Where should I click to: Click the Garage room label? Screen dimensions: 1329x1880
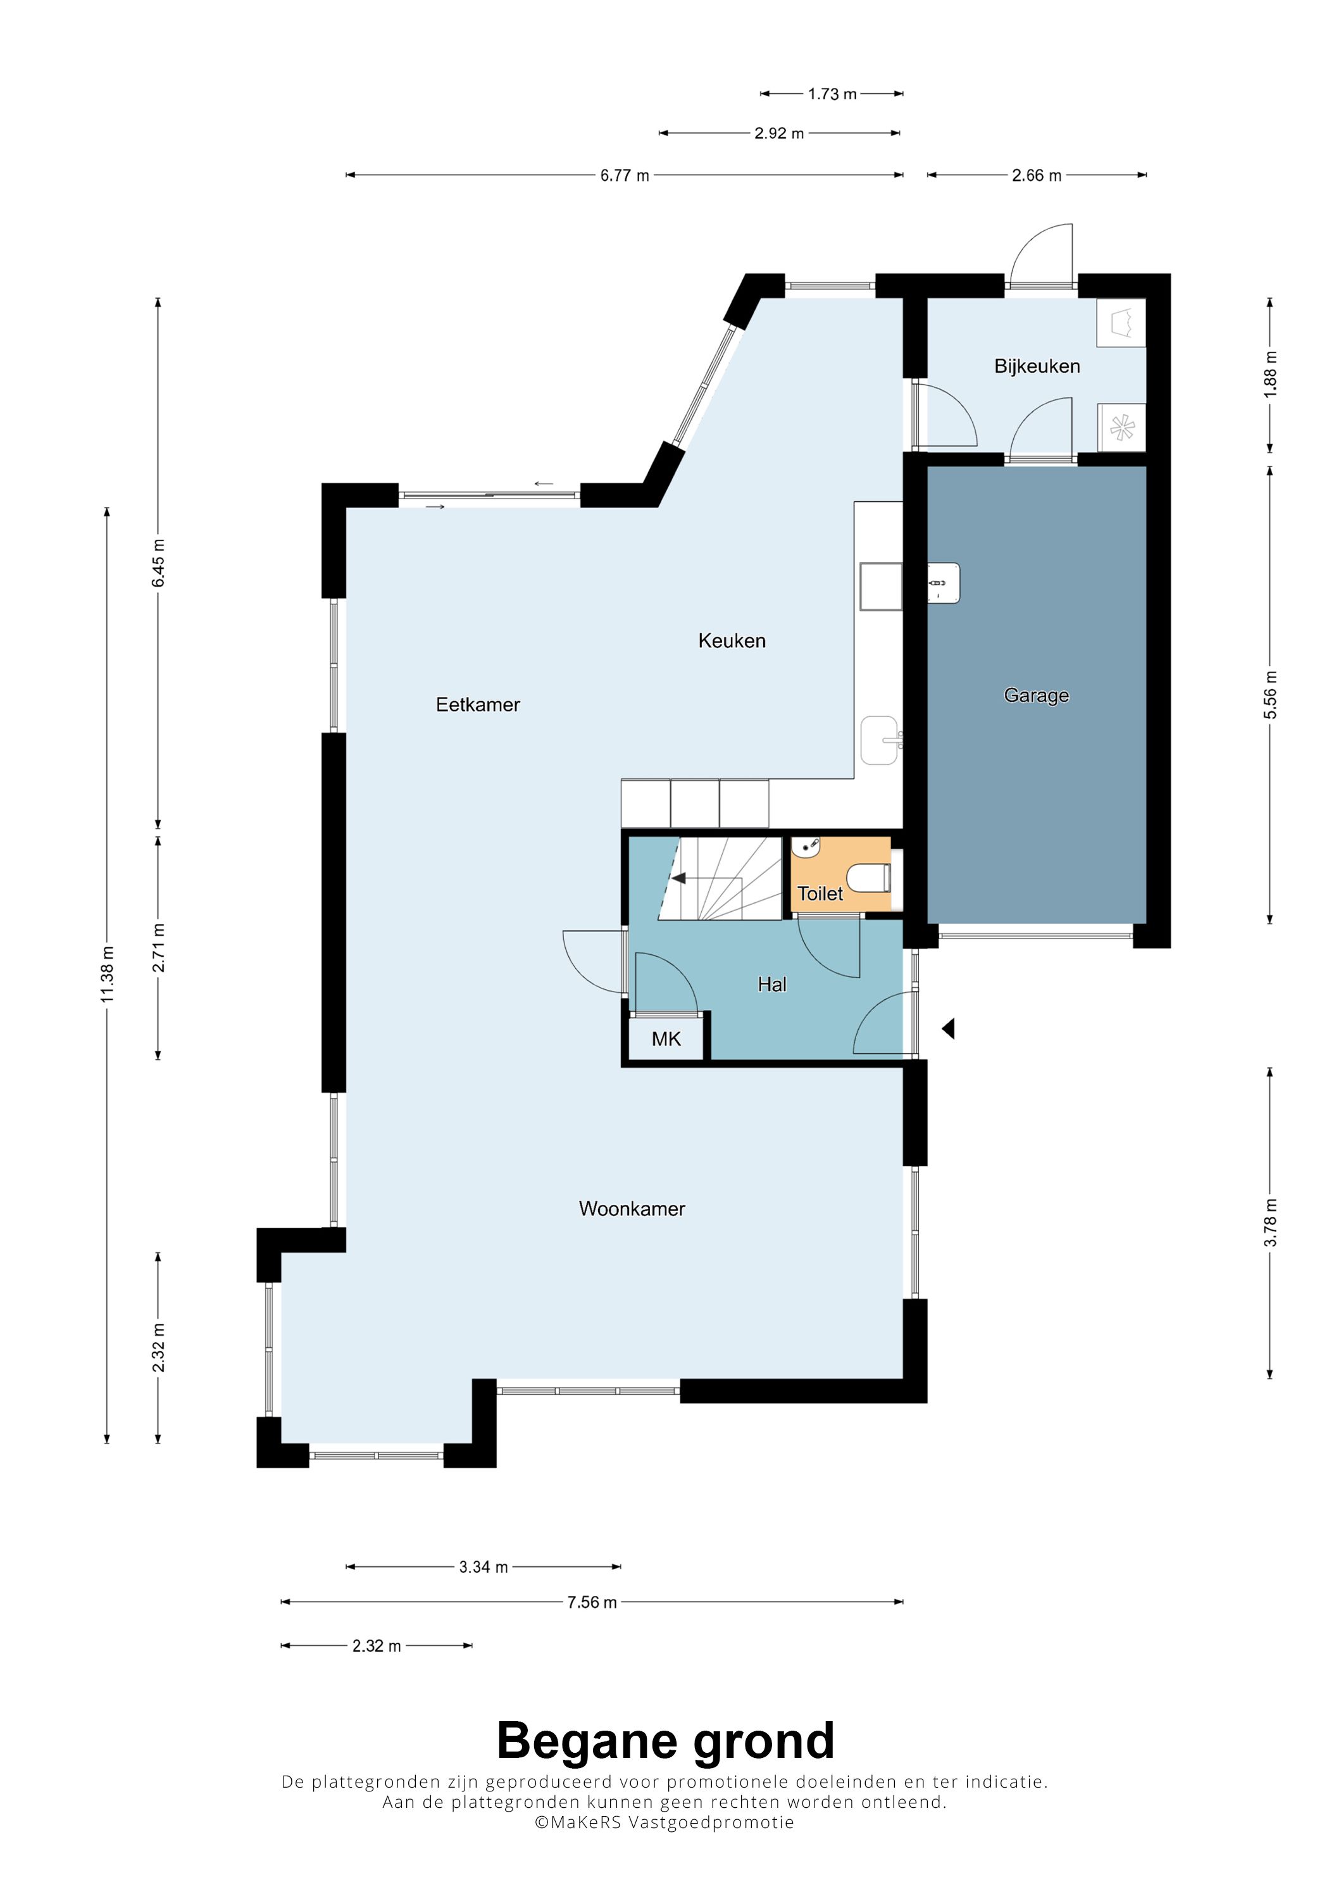click(1036, 696)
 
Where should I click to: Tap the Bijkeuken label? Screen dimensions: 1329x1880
click(1037, 366)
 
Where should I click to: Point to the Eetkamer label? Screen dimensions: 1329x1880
click(477, 704)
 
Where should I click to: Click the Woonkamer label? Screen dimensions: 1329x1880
click(632, 1209)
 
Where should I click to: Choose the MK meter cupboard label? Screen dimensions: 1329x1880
click(666, 1039)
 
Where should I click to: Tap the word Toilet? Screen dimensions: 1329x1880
click(820, 894)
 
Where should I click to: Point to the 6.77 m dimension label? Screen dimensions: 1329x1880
click(624, 175)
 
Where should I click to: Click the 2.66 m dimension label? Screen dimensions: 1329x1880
click(1036, 175)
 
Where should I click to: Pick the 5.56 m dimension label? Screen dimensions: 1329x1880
click(1270, 695)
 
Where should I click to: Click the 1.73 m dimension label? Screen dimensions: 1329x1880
click(832, 94)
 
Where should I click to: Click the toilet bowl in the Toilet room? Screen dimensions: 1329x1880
click(869, 878)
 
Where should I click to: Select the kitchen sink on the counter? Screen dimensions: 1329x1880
click(880, 740)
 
